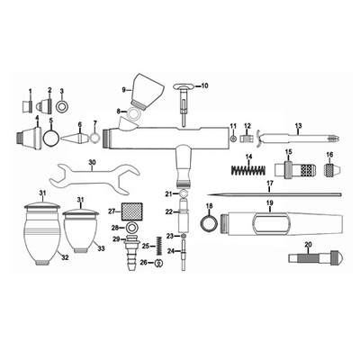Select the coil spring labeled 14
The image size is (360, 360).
click(x=248, y=170)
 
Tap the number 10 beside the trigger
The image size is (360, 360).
click(x=204, y=86)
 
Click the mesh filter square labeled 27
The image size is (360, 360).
click(x=131, y=211)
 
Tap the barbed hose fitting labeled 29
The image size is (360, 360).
click(x=131, y=253)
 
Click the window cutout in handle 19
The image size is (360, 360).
click(x=272, y=223)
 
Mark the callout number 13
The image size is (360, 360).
click(x=298, y=125)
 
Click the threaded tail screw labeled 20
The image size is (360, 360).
click(x=316, y=258)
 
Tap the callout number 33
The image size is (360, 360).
click(x=102, y=248)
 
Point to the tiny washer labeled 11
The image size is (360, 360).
click(x=232, y=139)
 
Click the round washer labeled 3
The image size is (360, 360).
click(x=62, y=107)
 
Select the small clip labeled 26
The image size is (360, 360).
click(x=158, y=263)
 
